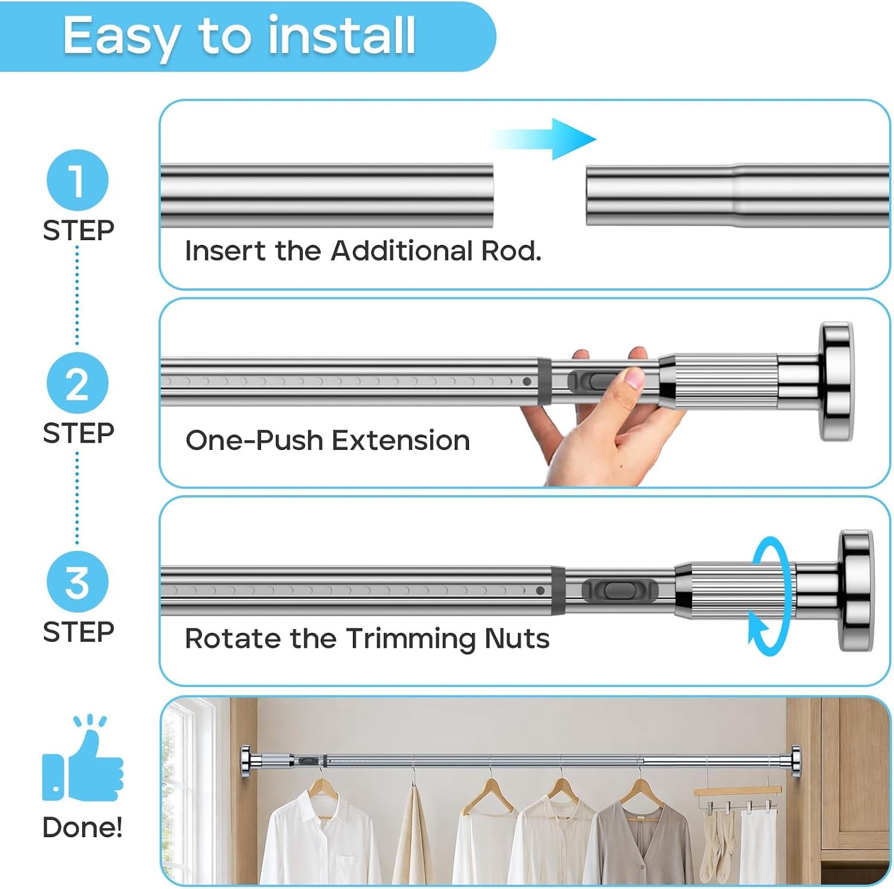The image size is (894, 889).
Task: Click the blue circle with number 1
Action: pos(77,180)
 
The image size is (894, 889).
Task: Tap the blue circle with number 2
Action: pos(77,383)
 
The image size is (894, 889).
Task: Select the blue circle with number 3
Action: pos(77,582)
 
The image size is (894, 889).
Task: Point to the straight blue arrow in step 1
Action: pos(542,139)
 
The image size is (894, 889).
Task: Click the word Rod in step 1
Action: pos(511,251)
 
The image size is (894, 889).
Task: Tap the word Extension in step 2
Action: pos(401,441)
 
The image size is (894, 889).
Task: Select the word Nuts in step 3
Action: pos(517,639)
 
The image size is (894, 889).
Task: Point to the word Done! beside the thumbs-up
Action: pos(83,828)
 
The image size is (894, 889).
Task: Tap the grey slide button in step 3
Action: pos(620,590)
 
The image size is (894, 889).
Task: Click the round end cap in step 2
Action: pos(836,382)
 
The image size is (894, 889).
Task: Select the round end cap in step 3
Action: pos(856,590)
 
